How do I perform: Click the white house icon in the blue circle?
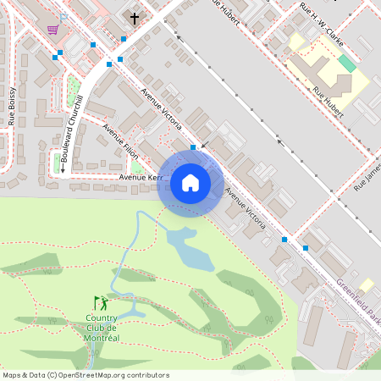coord(190,183)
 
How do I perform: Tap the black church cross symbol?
coord(134,18)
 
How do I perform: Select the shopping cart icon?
coord(52,30)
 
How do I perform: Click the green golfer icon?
coord(102,302)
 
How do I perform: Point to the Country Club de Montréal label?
coord(102,328)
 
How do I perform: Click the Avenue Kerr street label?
coord(140,178)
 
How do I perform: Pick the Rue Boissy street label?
coord(12,106)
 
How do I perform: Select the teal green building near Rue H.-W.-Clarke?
coord(347,63)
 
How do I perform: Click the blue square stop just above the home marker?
coord(193,147)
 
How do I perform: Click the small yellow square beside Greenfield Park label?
coord(367,284)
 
